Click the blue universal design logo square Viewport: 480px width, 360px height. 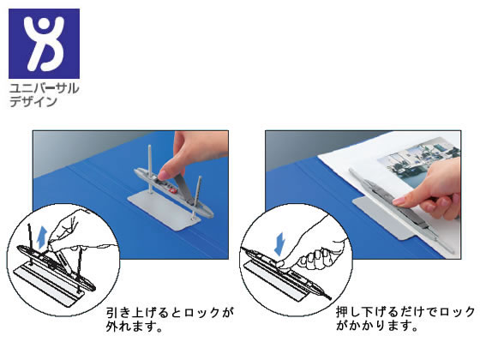[x=44, y=44]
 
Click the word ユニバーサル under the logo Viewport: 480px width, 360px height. [x=44, y=89]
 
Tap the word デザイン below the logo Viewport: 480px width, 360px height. [x=33, y=102]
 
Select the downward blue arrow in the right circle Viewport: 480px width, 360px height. [x=279, y=243]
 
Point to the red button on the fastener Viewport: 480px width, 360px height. [x=173, y=190]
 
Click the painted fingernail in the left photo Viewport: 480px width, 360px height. [x=164, y=175]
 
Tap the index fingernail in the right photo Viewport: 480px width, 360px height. [x=399, y=201]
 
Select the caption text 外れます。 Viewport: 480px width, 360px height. [x=134, y=327]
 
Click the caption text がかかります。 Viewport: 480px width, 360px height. [x=377, y=326]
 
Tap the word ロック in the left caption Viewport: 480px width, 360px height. [x=202, y=313]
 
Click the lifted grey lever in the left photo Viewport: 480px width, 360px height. [x=184, y=189]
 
